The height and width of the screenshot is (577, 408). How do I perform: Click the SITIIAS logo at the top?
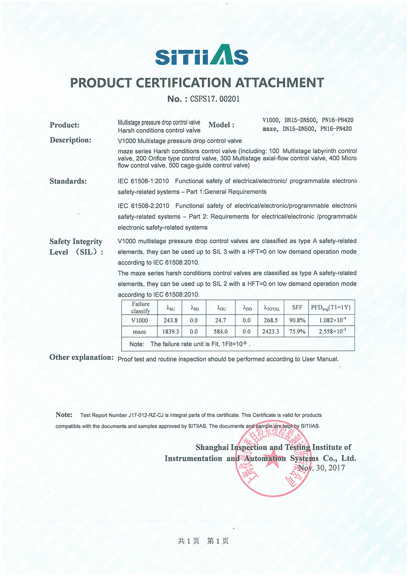pyautogui.click(x=202, y=55)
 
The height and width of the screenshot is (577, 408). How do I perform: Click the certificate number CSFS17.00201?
pyautogui.click(x=215, y=99)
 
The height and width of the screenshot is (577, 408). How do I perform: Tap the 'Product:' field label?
pyautogui.click(x=64, y=125)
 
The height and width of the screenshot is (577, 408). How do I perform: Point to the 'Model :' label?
pyautogui.click(x=221, y=125)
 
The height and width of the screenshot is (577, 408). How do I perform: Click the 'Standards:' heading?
pyautogui.click(x=68, y=181)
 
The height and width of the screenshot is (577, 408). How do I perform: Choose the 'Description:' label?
pyautogui.click(x=71, y=140)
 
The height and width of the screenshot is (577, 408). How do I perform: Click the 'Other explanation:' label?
pyautogui.click(x=82, y=357)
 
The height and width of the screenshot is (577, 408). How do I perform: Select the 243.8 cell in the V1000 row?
pyautogui.click(x=171, y=320)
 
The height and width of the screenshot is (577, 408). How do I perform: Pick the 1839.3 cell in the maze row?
pyautogui.click(x=171, y=332)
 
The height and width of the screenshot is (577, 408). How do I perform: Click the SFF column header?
pyautogui.click(x=297, y=308)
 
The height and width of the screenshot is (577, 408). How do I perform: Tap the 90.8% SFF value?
pyautogui.click(x=297, y=320)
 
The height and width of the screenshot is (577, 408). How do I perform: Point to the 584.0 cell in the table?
pyautogui.click(x=221, y=332)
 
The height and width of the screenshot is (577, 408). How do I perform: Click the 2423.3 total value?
pyautogui.click(x=271, y=332)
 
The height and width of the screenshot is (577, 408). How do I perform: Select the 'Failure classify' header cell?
pyautogui.click(x=141, y=307)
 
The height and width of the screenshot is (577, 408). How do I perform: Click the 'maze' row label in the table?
pyautogui.click(x=140, y=332)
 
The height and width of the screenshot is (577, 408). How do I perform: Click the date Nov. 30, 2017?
pyautogui.click(x=322, y=468)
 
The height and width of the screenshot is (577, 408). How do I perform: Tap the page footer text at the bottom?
pyautogui.click(x=203, y=541)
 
